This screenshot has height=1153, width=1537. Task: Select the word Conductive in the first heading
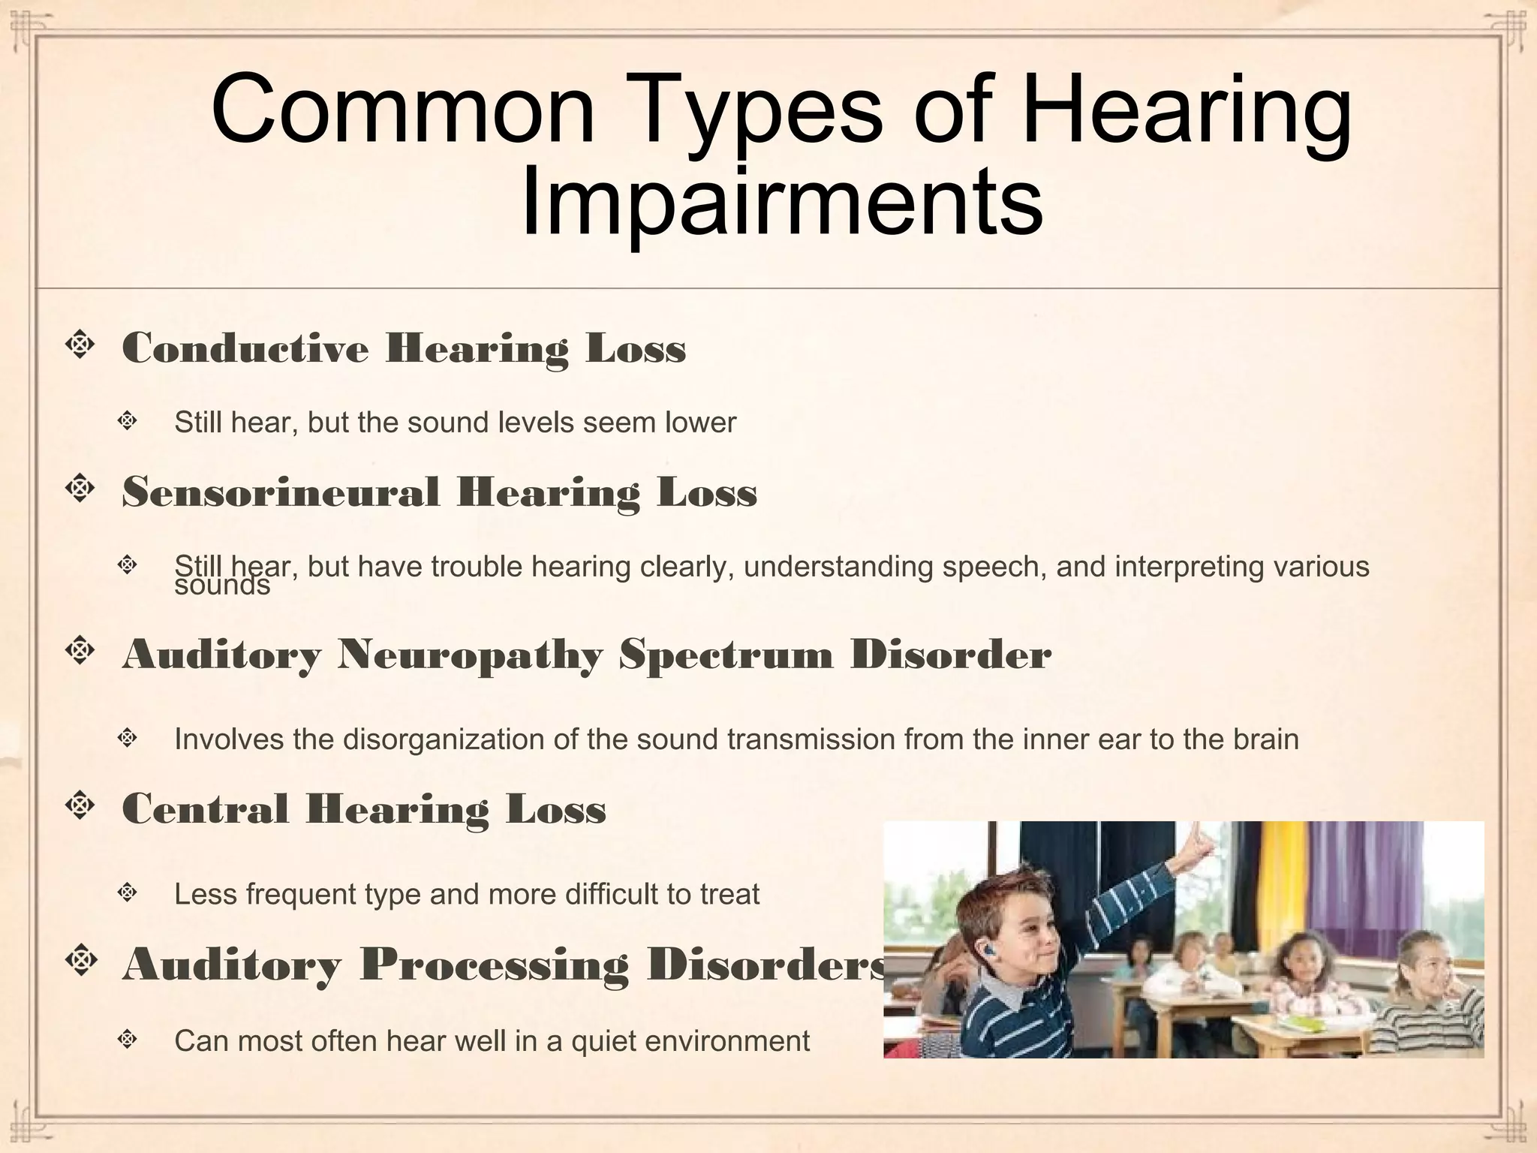point(245,348)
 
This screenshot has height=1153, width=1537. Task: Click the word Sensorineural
point(280,493)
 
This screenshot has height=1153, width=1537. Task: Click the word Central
point(205,809)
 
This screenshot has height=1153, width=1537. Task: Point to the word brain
point(1265,739)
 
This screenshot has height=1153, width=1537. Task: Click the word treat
point(729,894)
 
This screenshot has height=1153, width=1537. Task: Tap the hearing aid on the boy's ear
point(989,951)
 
